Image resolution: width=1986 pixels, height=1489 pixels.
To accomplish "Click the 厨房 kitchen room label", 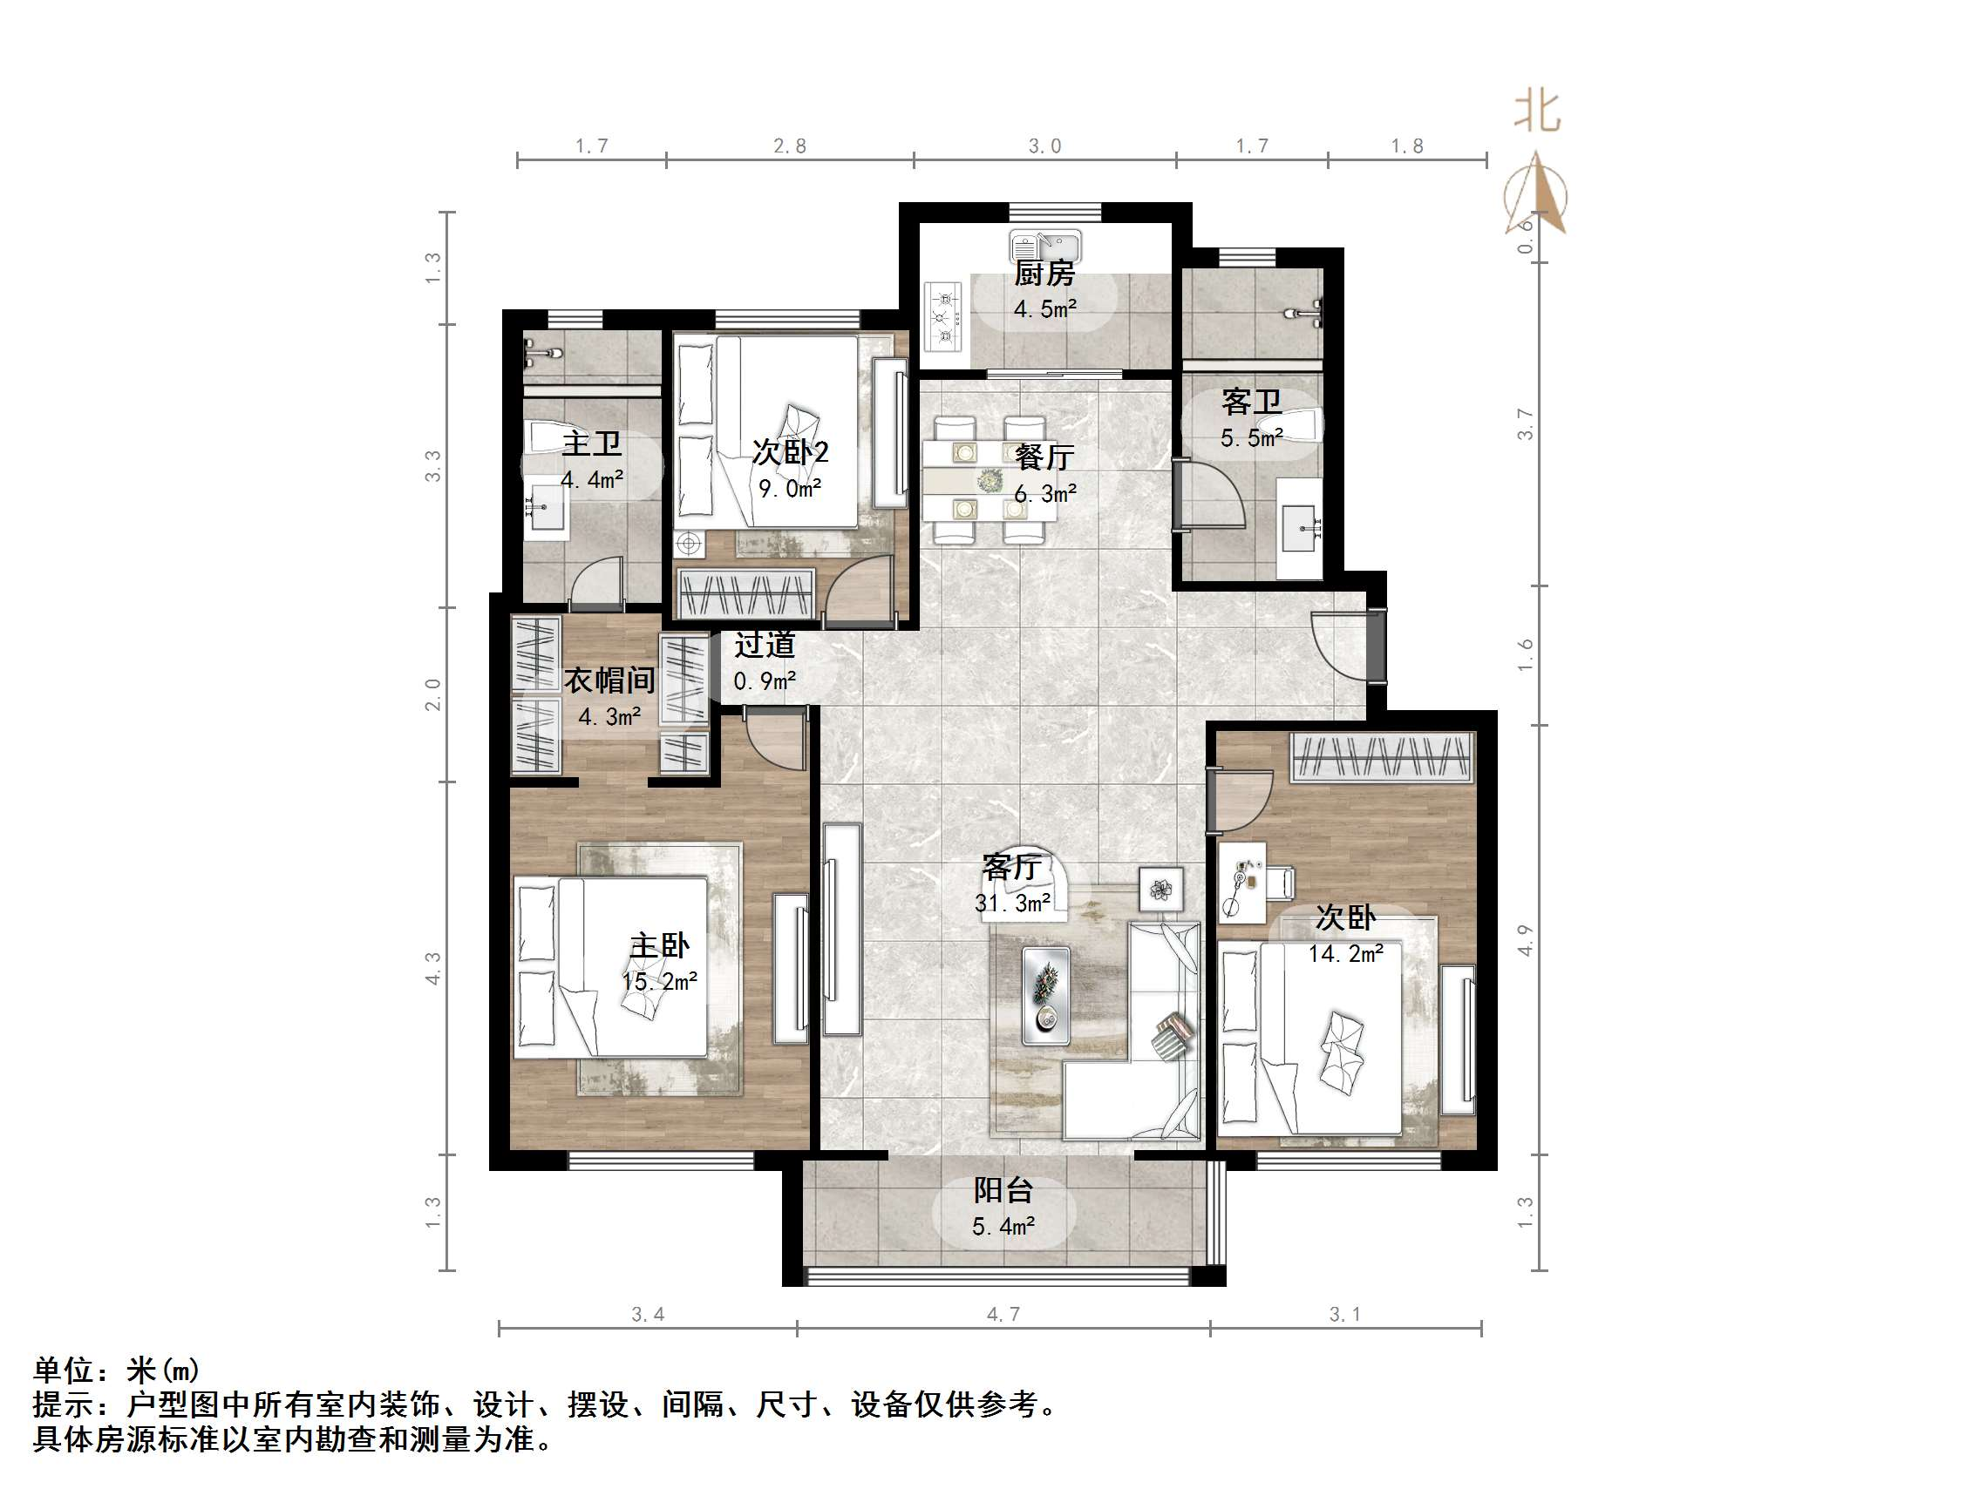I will click(1044, 273).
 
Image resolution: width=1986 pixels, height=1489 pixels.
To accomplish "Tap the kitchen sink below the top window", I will click(1046, 245).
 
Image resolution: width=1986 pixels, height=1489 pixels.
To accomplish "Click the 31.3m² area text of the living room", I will click(1013, 903).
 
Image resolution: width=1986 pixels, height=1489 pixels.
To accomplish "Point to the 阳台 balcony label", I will click(1003, 1190).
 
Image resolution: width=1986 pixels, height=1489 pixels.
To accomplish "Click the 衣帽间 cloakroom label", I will click(609, 680).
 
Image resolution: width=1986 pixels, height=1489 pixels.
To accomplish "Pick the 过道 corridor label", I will click(764, 645).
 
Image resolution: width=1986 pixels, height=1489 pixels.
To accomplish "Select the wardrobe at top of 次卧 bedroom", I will click(1382, 756).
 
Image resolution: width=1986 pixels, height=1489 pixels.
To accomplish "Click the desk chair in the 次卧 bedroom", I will click(1281, 882).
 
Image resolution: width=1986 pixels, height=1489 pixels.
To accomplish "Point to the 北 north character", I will click(1538, 112).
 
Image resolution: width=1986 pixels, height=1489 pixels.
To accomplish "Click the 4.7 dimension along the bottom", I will click(1003, 1315).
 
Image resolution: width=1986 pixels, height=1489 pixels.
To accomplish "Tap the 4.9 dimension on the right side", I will click(1525, 940).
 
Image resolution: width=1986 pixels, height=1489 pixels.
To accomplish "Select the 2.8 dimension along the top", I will click(790, 146).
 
